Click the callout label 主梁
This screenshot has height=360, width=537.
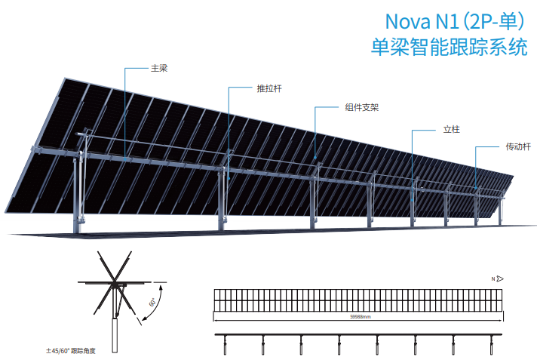click(x=159, y=68)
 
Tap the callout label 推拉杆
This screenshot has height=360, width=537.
click(x=269, y=88)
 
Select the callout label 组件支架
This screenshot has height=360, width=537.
click(x=362, y=107)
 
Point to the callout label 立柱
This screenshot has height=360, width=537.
click(x=451, y=130)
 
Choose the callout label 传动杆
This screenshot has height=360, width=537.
click(x=518, y=146)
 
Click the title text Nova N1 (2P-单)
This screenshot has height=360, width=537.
click(x=455, y=21)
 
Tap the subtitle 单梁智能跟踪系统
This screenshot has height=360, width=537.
click(x=449, y=47)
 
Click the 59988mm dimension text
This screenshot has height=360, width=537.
click(x=361, y=317)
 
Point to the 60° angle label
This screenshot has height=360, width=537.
click(x=152, y=302)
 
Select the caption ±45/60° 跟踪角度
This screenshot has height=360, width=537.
click(x=71, y=351)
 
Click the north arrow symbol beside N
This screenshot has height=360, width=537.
click(x=500, y=278)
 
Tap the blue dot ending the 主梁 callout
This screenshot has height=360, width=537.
click(x=125, y=159)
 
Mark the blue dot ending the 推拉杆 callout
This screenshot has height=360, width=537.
click(x=229, y=178)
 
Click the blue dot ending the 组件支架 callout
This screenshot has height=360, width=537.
click(x=315, y=158)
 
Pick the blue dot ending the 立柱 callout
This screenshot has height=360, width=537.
click(x=412, y=201)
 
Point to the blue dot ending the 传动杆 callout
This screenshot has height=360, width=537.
click(x=475, y=188)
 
